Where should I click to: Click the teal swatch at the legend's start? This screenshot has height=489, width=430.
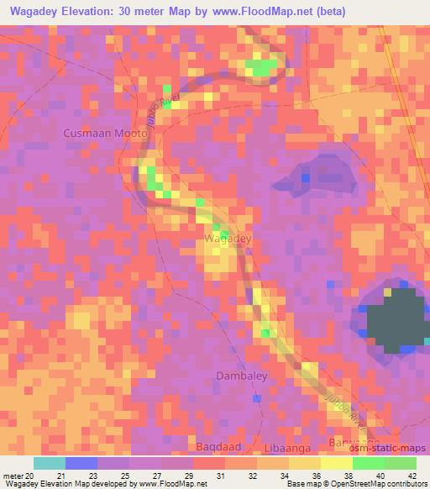tap(50, 463)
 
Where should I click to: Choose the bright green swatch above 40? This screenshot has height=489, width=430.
tap(368, 463)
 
